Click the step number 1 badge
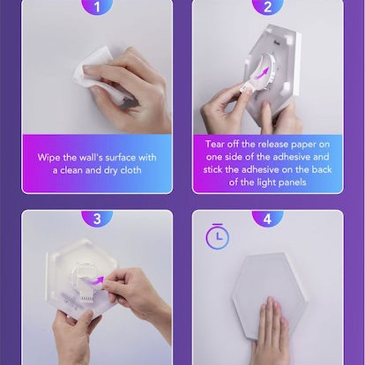[97, 6]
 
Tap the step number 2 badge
[267, 6]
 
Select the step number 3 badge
[97, 218]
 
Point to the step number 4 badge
[267, 218]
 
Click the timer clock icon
[218, 236]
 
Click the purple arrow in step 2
[262, 73]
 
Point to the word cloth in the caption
[130, 170]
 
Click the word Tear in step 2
[215, 144]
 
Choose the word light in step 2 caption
[264, 182]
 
